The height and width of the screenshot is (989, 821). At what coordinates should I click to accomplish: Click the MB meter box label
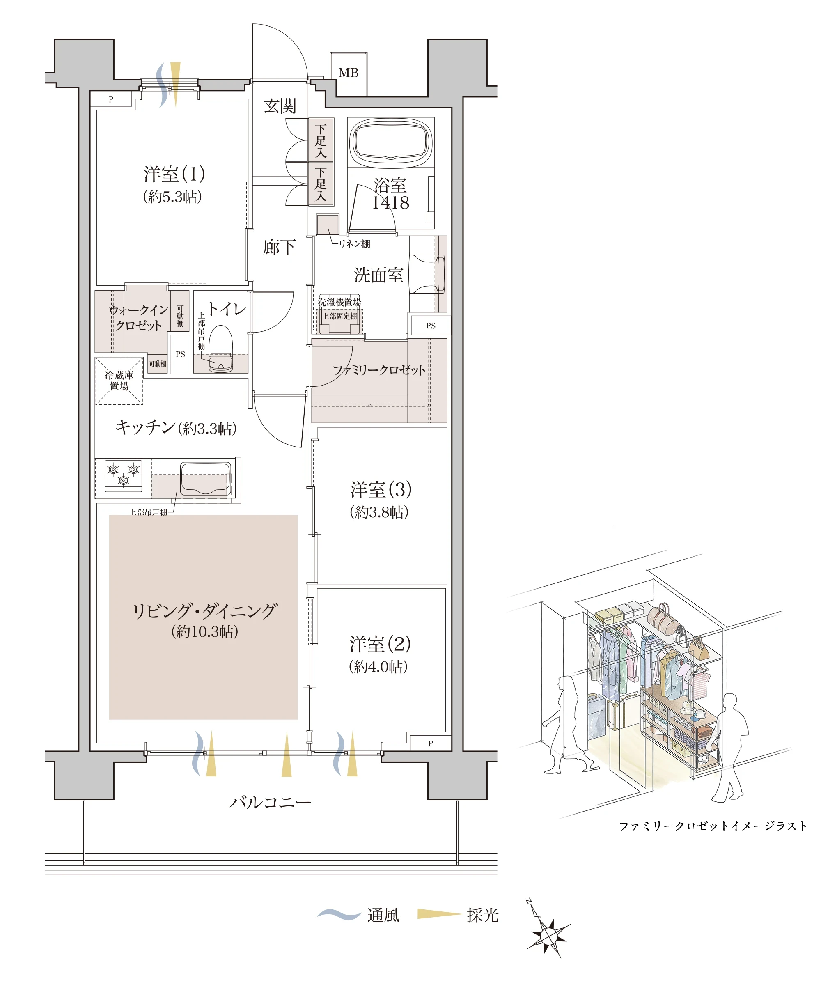349,73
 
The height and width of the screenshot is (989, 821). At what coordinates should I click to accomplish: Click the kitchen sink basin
206,478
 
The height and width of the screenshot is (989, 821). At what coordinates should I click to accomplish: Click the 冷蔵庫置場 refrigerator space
119,381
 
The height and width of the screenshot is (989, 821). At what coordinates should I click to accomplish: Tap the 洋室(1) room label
174,174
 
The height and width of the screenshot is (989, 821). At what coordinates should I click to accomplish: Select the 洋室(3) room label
381,489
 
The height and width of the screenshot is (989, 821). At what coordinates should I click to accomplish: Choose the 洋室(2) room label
380,644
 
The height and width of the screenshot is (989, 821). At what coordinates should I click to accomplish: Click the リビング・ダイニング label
204,611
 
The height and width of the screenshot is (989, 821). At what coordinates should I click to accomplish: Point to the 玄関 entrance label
280,106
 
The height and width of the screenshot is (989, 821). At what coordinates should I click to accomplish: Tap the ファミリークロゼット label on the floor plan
379,370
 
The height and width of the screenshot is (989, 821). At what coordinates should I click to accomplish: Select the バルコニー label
271,802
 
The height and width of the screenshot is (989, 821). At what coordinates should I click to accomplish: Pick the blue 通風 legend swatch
339,914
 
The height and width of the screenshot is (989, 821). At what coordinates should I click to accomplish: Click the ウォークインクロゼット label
138,317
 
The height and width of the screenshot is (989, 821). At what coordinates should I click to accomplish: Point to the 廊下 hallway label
279,247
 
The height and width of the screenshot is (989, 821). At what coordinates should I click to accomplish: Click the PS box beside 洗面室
431,326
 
